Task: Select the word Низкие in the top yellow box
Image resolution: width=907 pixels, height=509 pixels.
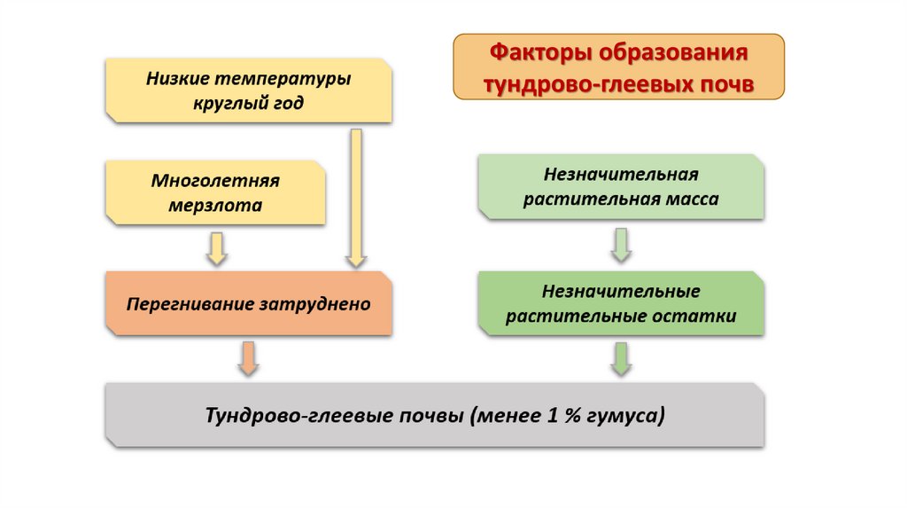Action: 176,79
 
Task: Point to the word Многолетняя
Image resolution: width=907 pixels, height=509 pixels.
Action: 215,181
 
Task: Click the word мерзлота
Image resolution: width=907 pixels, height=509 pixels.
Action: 215,206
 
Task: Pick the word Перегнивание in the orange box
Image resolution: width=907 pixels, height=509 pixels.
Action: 190,304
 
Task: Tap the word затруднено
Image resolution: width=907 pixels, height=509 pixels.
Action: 314,304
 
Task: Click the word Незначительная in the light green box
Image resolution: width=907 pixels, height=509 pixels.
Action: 621,175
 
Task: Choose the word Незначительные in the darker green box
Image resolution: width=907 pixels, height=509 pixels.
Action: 622,292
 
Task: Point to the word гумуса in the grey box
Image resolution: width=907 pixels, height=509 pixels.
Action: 626,415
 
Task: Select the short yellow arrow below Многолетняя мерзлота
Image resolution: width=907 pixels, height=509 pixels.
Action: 215,248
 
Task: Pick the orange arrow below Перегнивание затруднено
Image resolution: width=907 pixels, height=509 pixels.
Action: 249,357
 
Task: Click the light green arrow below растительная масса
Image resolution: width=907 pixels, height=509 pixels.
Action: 621,244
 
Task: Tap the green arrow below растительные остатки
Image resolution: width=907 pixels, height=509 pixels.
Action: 621,357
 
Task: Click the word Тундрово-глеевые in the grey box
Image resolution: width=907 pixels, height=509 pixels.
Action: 281,415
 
